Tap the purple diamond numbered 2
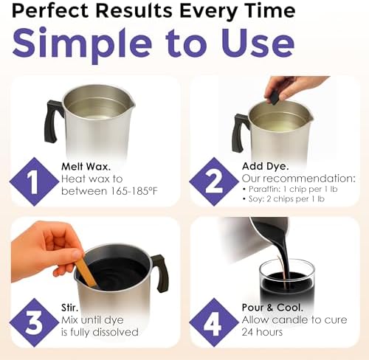[x=214, y=181]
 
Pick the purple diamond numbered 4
[x=214, y=322]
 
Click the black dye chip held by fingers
[x=273, y=97]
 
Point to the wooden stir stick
[x=86, y=271]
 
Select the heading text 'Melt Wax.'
[x=86, y=167]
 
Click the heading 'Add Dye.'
[x=265, y=167]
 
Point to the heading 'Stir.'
[x=69, y=308]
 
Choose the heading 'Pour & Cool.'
[x=272, y=308]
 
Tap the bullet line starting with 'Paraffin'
[x=290, y=189]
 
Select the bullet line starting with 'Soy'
[x=283, y=198]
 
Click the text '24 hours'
[x=262, y=332]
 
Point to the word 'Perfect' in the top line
[x=50, y=11]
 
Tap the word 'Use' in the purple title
[x=258, y=43]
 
